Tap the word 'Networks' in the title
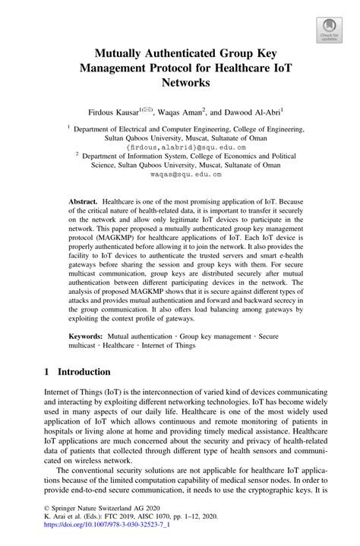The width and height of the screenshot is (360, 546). pos(180,84)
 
